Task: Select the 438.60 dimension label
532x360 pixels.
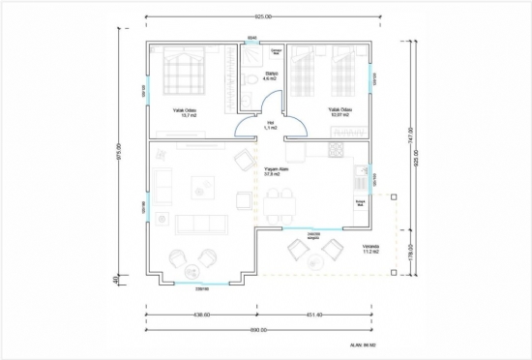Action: tap(202, 315)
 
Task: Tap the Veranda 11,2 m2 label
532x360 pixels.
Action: tap(370, 249)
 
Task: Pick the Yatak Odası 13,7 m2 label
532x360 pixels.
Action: tap(186, 112)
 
